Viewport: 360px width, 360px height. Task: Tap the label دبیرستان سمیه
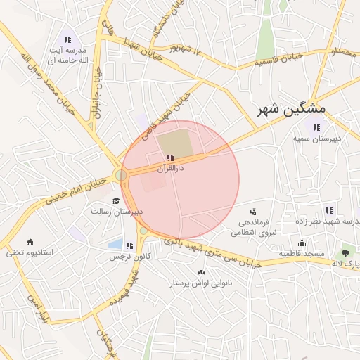tap(318, 139)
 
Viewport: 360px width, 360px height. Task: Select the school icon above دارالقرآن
tap(170, 157)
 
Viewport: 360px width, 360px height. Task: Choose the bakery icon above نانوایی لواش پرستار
tap(202, 272)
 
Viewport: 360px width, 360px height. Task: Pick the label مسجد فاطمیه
tap(301, 253)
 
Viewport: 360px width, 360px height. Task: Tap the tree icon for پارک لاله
tap(346, 252)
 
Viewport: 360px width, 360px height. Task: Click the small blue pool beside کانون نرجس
tap(115, 244)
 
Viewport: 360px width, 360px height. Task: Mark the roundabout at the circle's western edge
tap(122, 174)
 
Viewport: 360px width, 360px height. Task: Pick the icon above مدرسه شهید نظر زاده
tap(329, 210)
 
